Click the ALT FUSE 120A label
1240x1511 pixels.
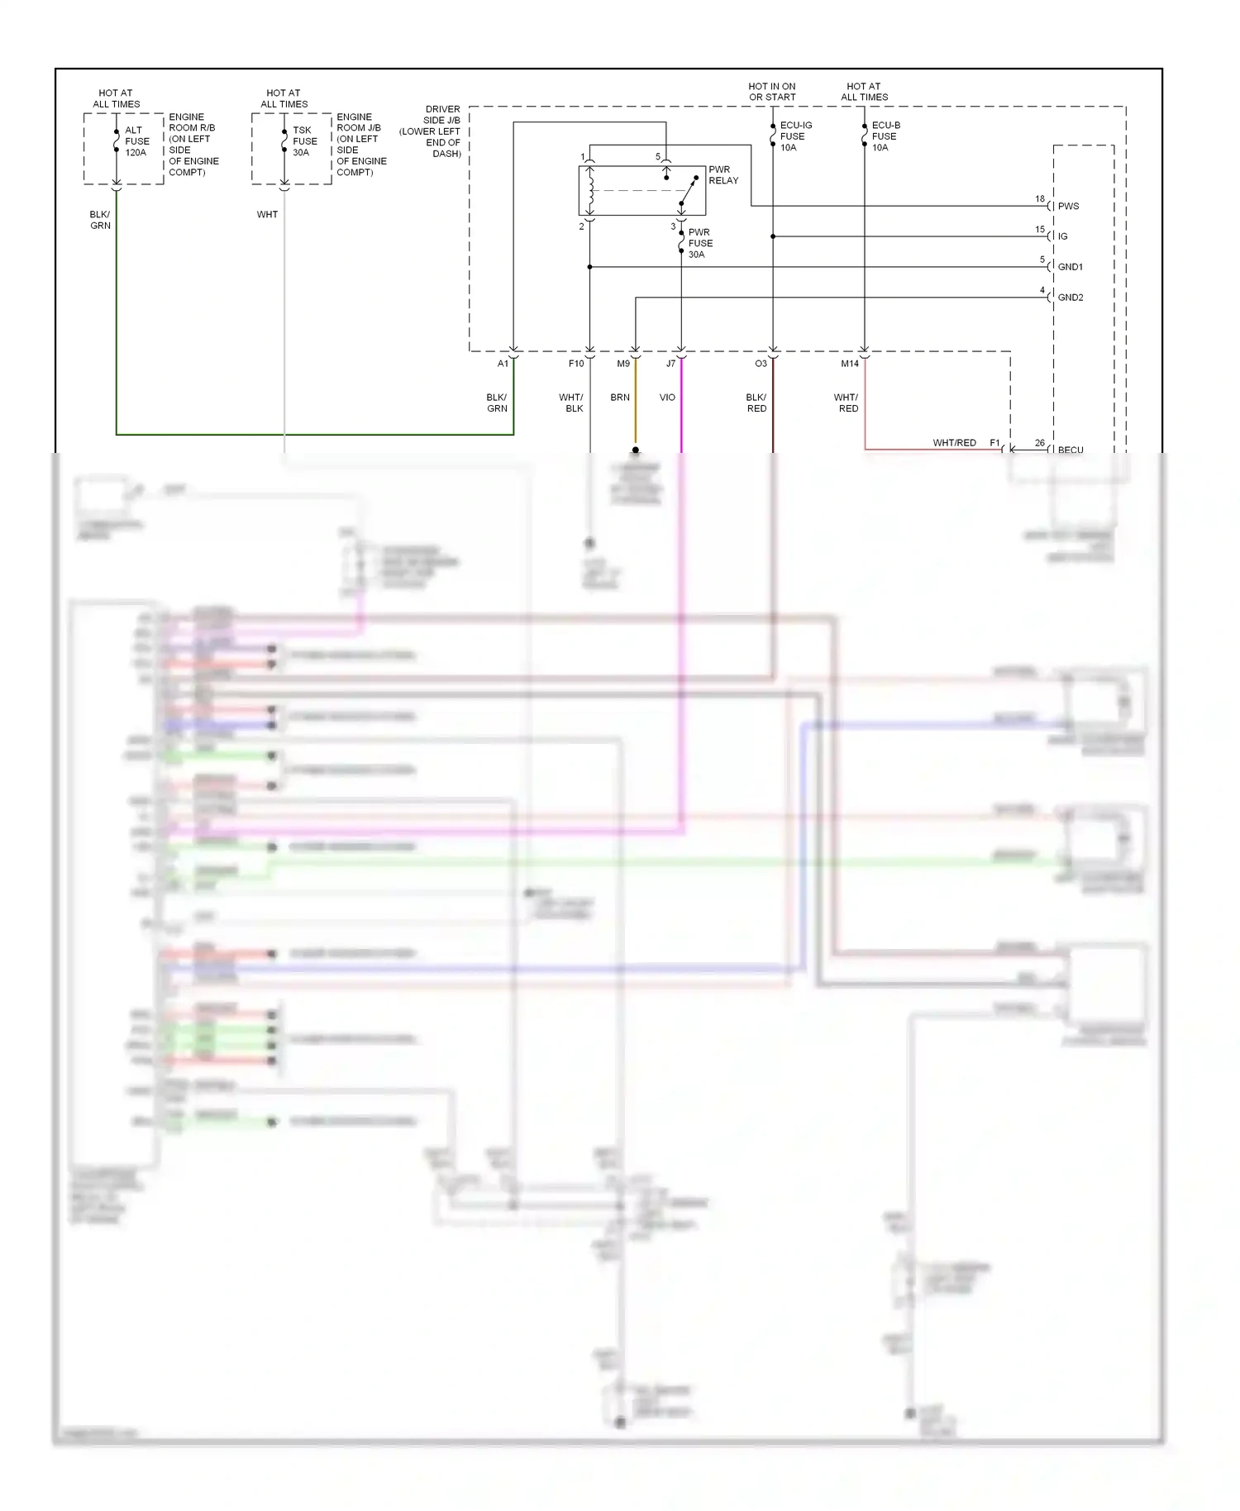(x=136, y=141)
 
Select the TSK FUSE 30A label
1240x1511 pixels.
(x=304, y=141)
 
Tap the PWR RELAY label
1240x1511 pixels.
(x=723, y=175)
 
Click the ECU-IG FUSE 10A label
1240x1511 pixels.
(x=795, y=136)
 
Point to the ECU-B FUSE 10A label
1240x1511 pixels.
(x=885, y=136)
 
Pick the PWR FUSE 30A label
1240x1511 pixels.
(x=699, y=244)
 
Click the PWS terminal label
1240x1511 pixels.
(x=1068, y=207)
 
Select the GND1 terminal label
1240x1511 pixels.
(x=1070, y=267)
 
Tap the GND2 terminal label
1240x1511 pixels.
(x=1070, y=298)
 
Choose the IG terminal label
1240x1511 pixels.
(x=1062, y=236)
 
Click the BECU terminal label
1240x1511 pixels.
(x=1070, y=450)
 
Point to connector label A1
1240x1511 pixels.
(x=503, y=364)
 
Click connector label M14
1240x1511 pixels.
(x=850, y=364)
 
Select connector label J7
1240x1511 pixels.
(x=670, y=364)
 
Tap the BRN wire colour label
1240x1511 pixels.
(x=620, y=398)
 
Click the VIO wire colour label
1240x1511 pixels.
(x=667, y=398)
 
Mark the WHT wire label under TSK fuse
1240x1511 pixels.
(x=267, y=215)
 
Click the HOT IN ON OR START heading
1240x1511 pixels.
(x=772, y=92)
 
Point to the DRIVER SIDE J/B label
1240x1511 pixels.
(x=436, y=131)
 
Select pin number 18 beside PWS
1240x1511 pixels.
(x=1040, y=199)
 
